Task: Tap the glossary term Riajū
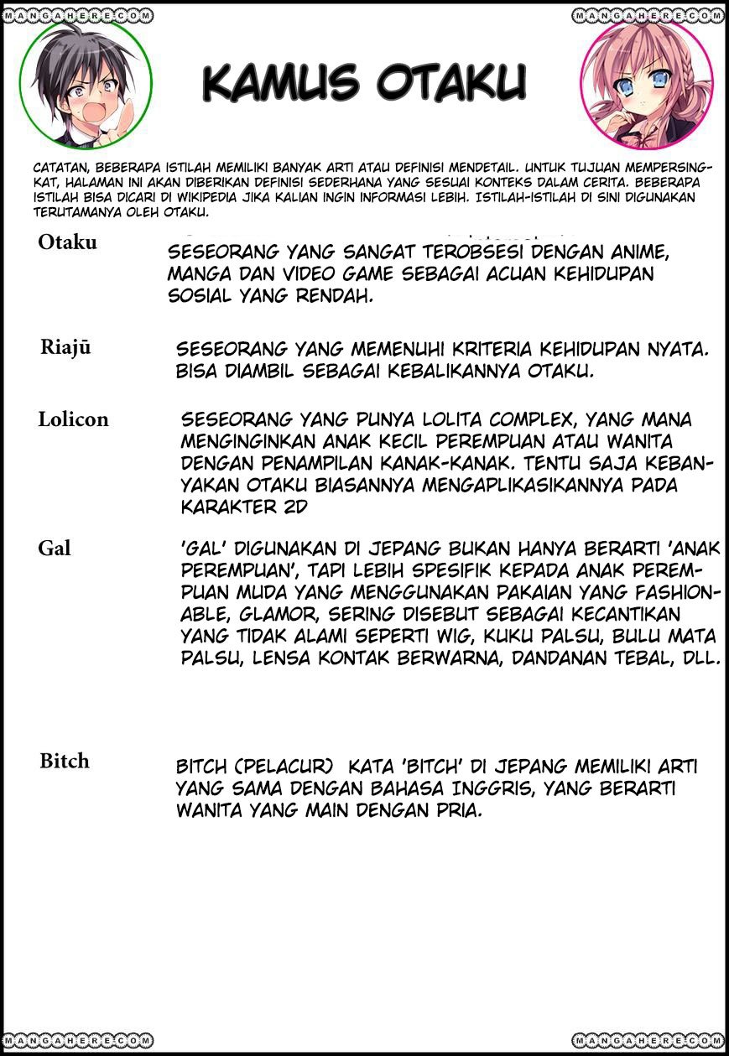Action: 65,349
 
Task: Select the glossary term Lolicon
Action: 73,419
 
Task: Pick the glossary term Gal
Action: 55,549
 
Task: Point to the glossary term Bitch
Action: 64,762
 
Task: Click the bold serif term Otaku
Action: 67,242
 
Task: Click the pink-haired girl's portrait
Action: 644,82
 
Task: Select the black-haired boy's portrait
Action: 85,82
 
